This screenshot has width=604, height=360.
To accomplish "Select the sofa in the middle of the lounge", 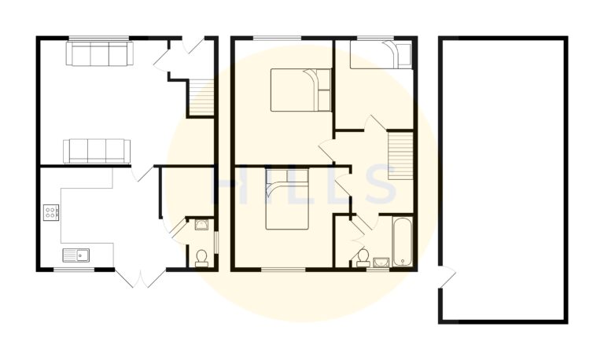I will tap(97, 149).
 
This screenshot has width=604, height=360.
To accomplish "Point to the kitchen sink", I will tap(77, 253).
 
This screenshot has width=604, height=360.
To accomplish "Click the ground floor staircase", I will tap(202, 97).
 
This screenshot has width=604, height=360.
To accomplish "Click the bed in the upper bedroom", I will tap(302, 90).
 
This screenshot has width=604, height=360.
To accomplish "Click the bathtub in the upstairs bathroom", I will tap(402, 241).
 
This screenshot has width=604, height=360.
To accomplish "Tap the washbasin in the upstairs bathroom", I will tap(381, 262).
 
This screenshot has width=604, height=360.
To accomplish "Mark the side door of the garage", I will tap(447, 276).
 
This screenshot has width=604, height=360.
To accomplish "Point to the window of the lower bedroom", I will tap(282, 270).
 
